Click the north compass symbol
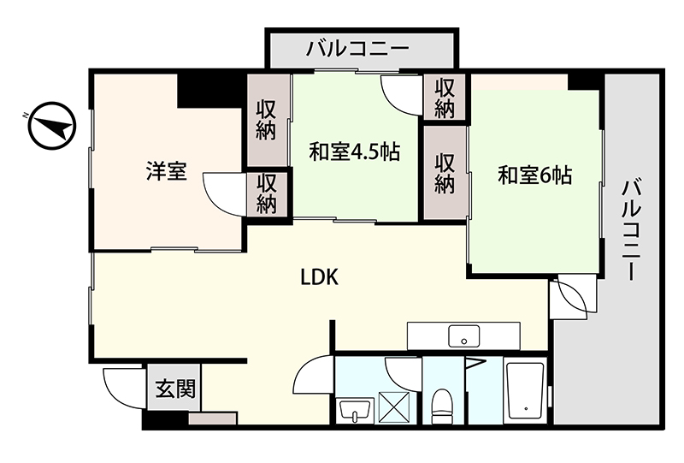[x=51, y=126]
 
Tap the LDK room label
[x=319, y=277]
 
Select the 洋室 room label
[x=166, y=171]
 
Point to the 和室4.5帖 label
[x=355, y=151]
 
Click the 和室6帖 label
[x=535, y=175]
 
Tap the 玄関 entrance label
[x=175, y=389]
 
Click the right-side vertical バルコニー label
[x=631, y=229]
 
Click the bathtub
[x=526, y=392]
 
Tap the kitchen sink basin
[x=463, y=335]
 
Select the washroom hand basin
[x=357, y=410]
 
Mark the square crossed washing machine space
[x=394, y=407]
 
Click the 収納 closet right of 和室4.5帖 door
[x=445, y=98]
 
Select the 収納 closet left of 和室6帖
[x=445, y=174]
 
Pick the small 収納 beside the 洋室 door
[x=267, y=194]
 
